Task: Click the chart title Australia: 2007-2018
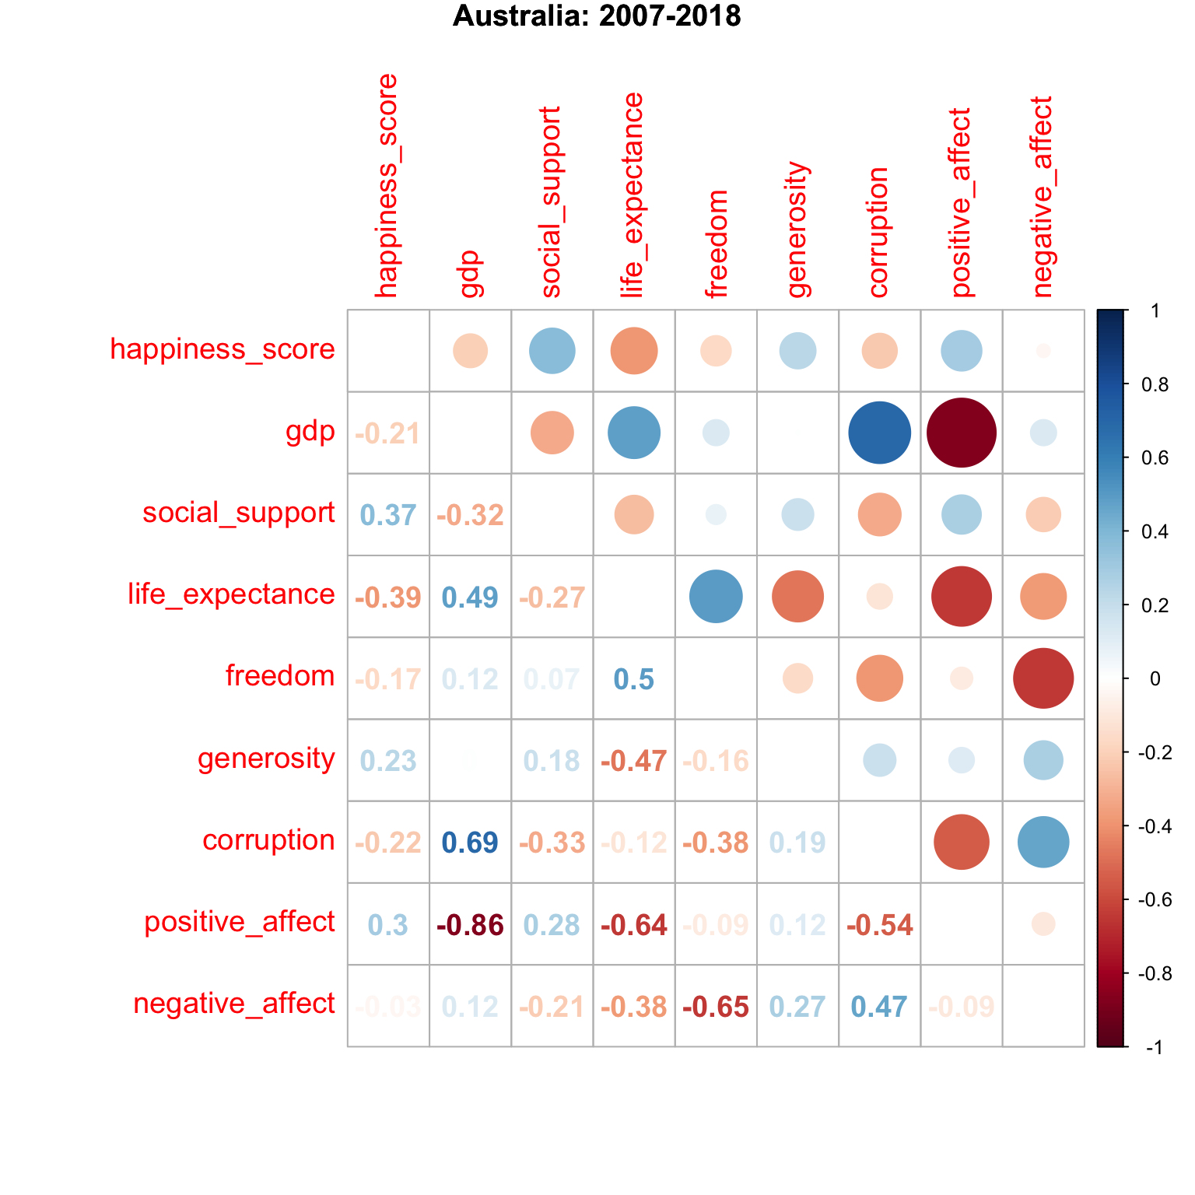(597, 16)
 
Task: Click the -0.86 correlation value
(470, 925)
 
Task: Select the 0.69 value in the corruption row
(470, 843)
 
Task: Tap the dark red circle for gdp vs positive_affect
(962, 433)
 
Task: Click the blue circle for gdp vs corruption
(879, 433)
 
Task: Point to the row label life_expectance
(231, 594)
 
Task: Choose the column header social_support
(551, 202)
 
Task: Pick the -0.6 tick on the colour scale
(1155, 900)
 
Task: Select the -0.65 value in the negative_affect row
(716, 1007)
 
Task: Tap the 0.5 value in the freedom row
(634, 679)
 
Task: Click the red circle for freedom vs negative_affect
(1043, 678)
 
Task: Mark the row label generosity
(266, 759)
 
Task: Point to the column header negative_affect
(1043, 197)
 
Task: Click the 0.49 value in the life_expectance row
(470, 597)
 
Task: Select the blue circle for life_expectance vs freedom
(716, 597)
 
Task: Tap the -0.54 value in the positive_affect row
(879, 925)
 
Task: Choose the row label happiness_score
(223, 349)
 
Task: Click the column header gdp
(471, 274)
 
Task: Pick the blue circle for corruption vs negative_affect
(1043, 842)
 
